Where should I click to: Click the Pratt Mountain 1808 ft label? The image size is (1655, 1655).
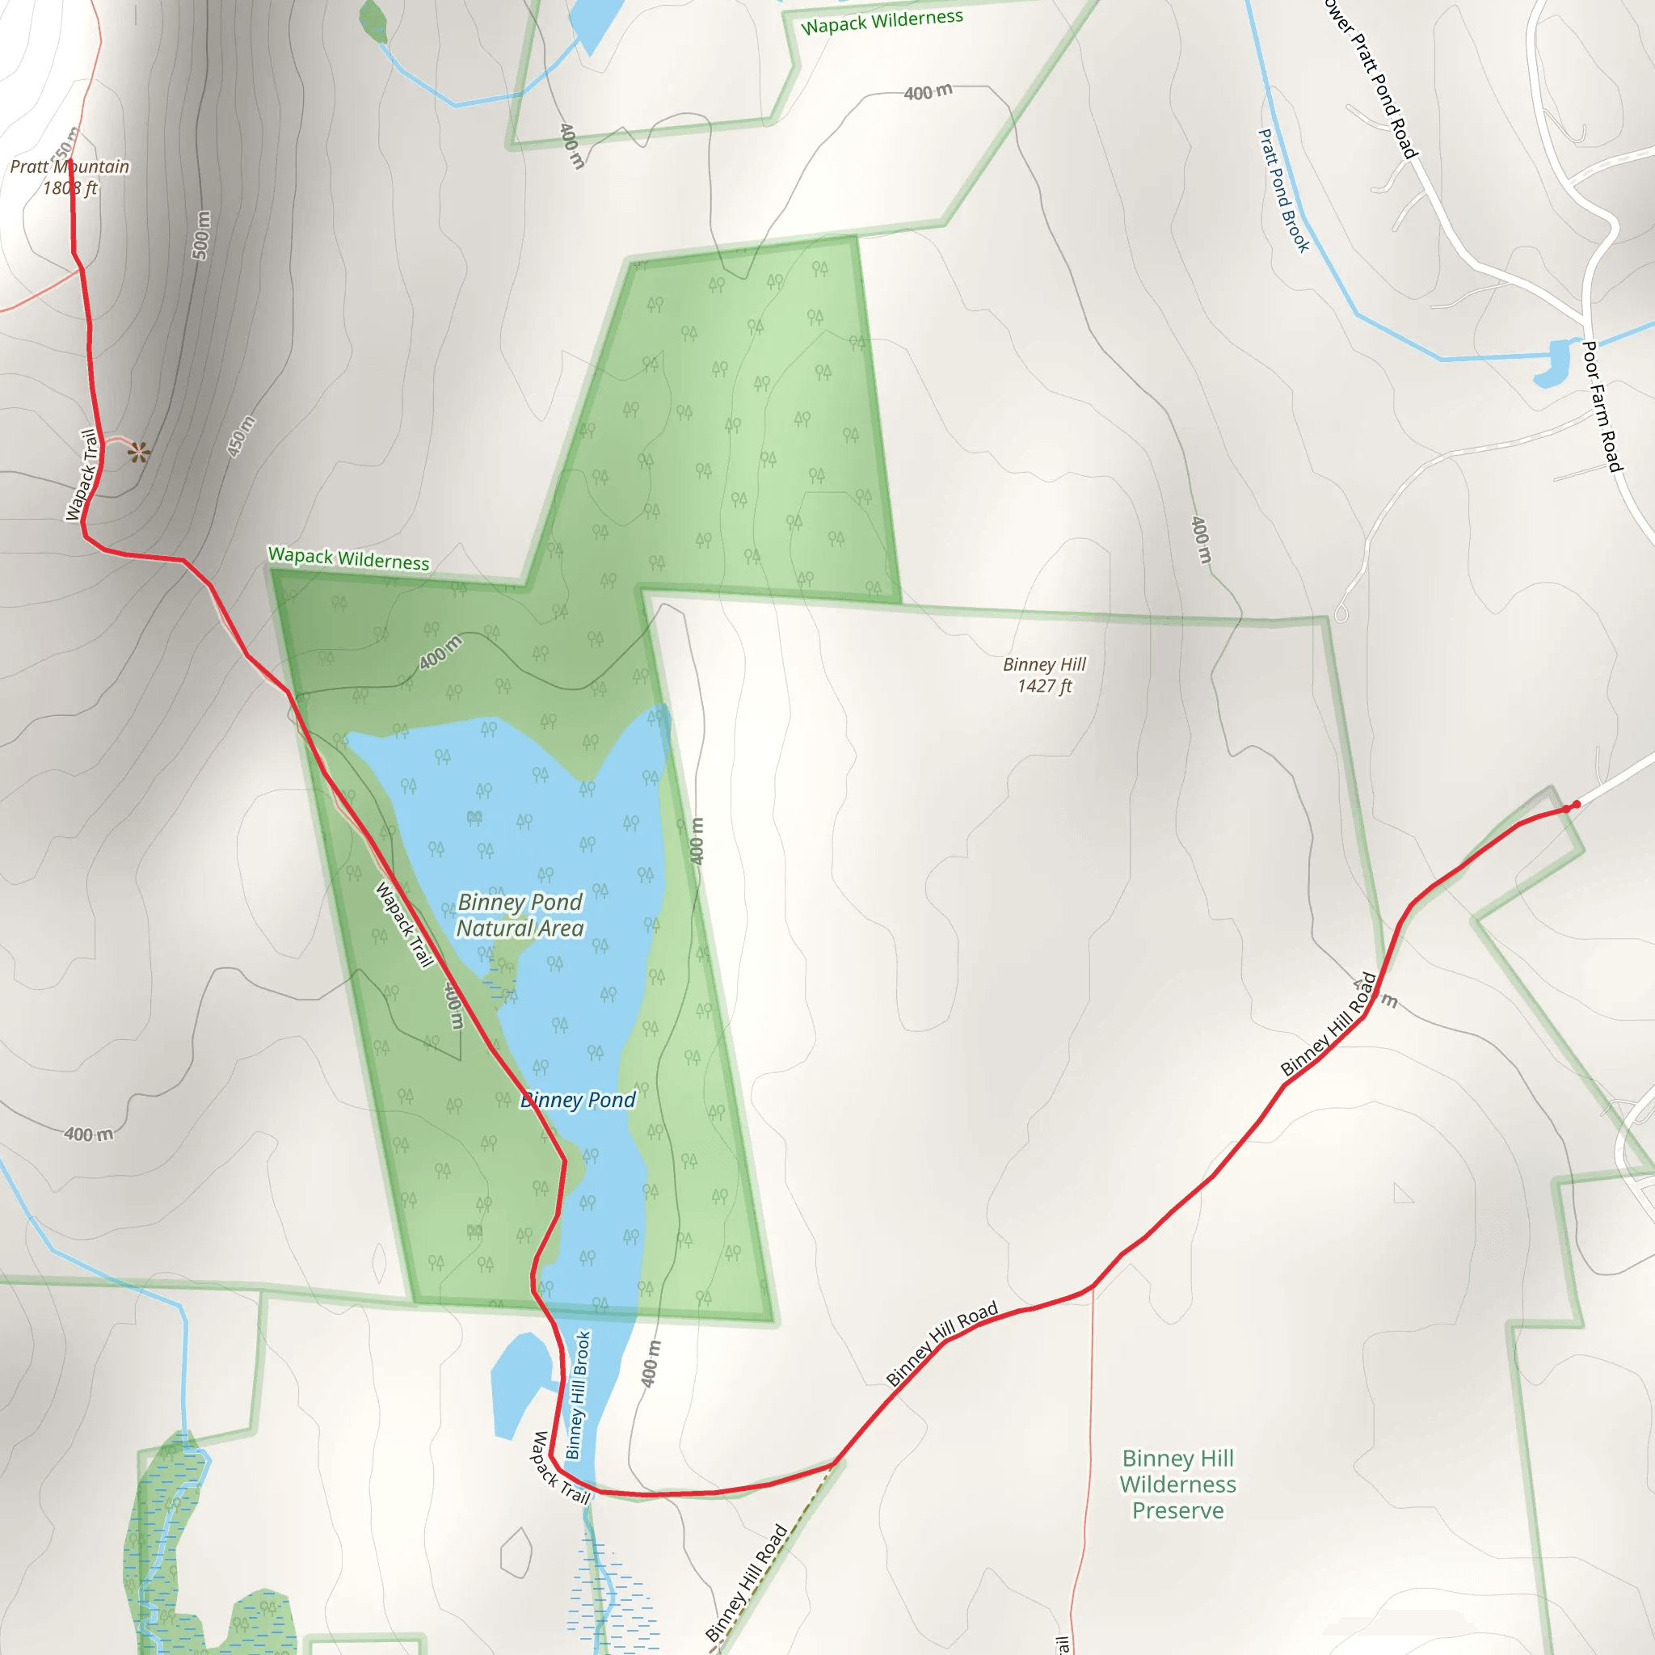pyautogui.click(x=69, y=177)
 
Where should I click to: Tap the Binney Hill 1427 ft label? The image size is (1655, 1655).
pyautogui.click(x=1044, y=675)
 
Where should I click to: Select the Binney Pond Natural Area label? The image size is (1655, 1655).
pyautogui.click(x=520, y=915)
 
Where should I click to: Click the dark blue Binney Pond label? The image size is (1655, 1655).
pyautogui.click(x=579, y=1100)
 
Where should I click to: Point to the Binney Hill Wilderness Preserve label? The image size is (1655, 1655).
pyautogui.click(x=1178, y=1484)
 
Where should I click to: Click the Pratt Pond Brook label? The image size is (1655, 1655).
pyautogui.click(x=1282, y=190)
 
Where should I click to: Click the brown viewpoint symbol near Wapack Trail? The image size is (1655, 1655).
pyautogui.click(x=139, y=452)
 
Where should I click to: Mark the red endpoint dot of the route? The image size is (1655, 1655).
pyautogui.click(x=1576, y=804)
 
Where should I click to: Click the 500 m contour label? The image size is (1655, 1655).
pyautogui.click(x=200, y=236)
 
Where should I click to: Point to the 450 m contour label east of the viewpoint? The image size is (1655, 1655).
pyautogui.click(x=241, y=436)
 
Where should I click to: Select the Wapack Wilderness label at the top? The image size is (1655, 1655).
pyautogui.click(x=882, y=22)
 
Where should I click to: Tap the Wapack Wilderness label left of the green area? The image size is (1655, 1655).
pyautogui.click(x=348, y=558)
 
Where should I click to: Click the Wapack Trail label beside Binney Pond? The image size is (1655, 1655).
pyautogui.click(x=404, y=924)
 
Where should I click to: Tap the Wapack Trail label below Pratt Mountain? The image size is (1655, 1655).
pyautogui.click(x=82, y=474)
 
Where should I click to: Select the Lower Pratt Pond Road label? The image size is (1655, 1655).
pyautogui.click(x=1371, y=77)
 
